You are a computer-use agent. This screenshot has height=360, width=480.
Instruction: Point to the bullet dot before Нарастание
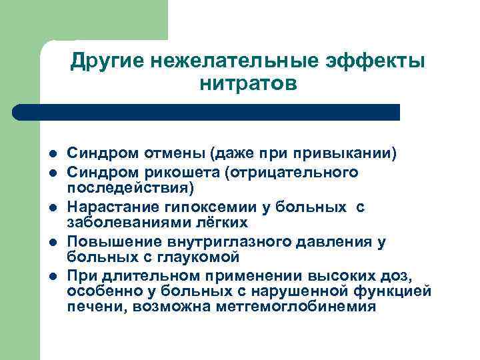53,207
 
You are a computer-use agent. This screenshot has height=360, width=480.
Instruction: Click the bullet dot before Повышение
53,241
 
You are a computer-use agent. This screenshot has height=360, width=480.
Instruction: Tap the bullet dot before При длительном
53,276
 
